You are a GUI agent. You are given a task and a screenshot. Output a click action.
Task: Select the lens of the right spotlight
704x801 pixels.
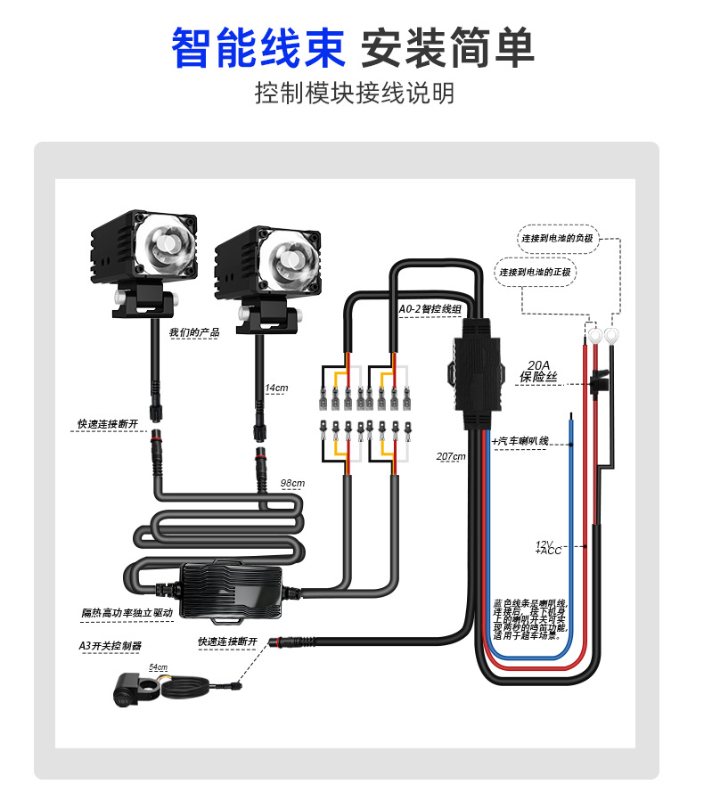tap(289, 255)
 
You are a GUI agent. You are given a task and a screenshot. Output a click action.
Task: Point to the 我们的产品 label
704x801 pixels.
tap(194, 332)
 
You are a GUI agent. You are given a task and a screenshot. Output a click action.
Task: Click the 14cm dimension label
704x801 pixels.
tap(277, 388)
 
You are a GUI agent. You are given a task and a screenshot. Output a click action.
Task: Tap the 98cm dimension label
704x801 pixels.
tap(292, 483)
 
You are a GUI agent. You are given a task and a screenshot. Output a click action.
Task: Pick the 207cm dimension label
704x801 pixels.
tap(451, 456)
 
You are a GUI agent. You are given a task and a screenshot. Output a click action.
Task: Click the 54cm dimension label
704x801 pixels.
tap(158, 666)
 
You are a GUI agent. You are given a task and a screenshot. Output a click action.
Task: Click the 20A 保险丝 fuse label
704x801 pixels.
tap(539, 371)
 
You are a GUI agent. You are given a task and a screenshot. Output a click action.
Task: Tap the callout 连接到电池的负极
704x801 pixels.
tap(558, 239)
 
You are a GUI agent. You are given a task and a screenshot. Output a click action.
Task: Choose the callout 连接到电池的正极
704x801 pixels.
tap(536, 272)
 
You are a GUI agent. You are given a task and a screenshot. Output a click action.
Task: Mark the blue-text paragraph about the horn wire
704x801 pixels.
tap(529, 619)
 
